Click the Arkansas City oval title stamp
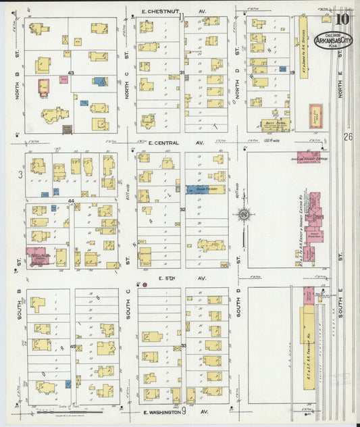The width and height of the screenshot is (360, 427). pos(337,40)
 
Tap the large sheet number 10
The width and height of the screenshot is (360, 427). pos(342,18)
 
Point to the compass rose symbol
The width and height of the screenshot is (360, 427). pos(244,216)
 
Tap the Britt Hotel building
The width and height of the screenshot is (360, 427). pos(275,124)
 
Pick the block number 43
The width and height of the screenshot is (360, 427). pos(70,73)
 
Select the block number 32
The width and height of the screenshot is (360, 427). pos(182,209)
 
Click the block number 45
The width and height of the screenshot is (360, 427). pos(72,346)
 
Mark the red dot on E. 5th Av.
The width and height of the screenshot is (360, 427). pos(145,285)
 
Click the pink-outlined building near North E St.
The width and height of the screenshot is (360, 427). pos(315,116)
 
